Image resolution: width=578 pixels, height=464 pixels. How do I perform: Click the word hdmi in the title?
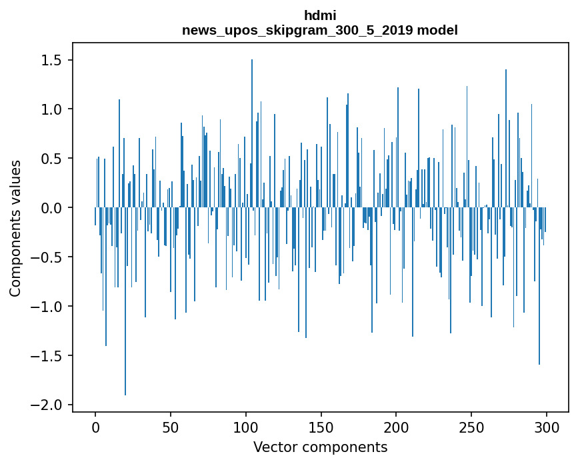pyautogui.click(x=320, y=15)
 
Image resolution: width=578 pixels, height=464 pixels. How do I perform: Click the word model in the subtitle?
pyautogui.click(x=437, y=30)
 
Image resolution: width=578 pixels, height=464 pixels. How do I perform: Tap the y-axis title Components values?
pyautogui.click(x=15, y=229)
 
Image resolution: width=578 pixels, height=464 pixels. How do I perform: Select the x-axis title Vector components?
pyautogui.click(x=320, y=447)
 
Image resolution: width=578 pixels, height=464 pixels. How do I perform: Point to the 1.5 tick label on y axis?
pyautogui.click(x=51, y=60)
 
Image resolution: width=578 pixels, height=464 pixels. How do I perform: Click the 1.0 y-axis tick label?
pyautogui.click(x=51, y=109)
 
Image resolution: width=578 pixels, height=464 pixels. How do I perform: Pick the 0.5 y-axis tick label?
pyautogui.click(x=51, y=159)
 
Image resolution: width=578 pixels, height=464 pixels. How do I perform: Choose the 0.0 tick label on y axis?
pyautogui.click(x=51, y=208)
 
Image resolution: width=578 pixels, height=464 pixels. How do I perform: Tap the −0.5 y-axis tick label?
pyautogui.click(x=46, y=257)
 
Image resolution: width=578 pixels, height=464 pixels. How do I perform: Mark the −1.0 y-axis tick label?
pyautogui.click(x=46, y=307)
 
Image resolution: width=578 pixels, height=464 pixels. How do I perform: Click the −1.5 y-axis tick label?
pyautogui.click(x=46, y=356)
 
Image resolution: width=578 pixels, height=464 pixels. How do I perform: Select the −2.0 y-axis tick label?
pyautogui.click(x=46, y=405)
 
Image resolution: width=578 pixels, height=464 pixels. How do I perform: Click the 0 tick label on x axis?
pyautogui.click(x=95, y=427)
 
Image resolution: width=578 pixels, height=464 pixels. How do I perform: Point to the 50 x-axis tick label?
pyautogui.click(x=171, y=427)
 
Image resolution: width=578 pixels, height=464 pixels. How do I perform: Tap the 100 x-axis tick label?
pyautogui.click(x=246, y=427)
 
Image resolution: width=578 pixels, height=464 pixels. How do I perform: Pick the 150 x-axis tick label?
pyautogui.click(x=321, y=427)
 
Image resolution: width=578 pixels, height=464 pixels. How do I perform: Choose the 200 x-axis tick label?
pyautogui.click(x=396, y=427)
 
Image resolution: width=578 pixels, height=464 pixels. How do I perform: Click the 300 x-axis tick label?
pyautogui.click(x=546, y=427)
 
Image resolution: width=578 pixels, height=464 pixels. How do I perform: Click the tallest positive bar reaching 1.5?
pyautogui.click(x=252, y=133)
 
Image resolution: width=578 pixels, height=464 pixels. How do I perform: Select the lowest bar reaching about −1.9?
pyautogui.click(x=125, y=301)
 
